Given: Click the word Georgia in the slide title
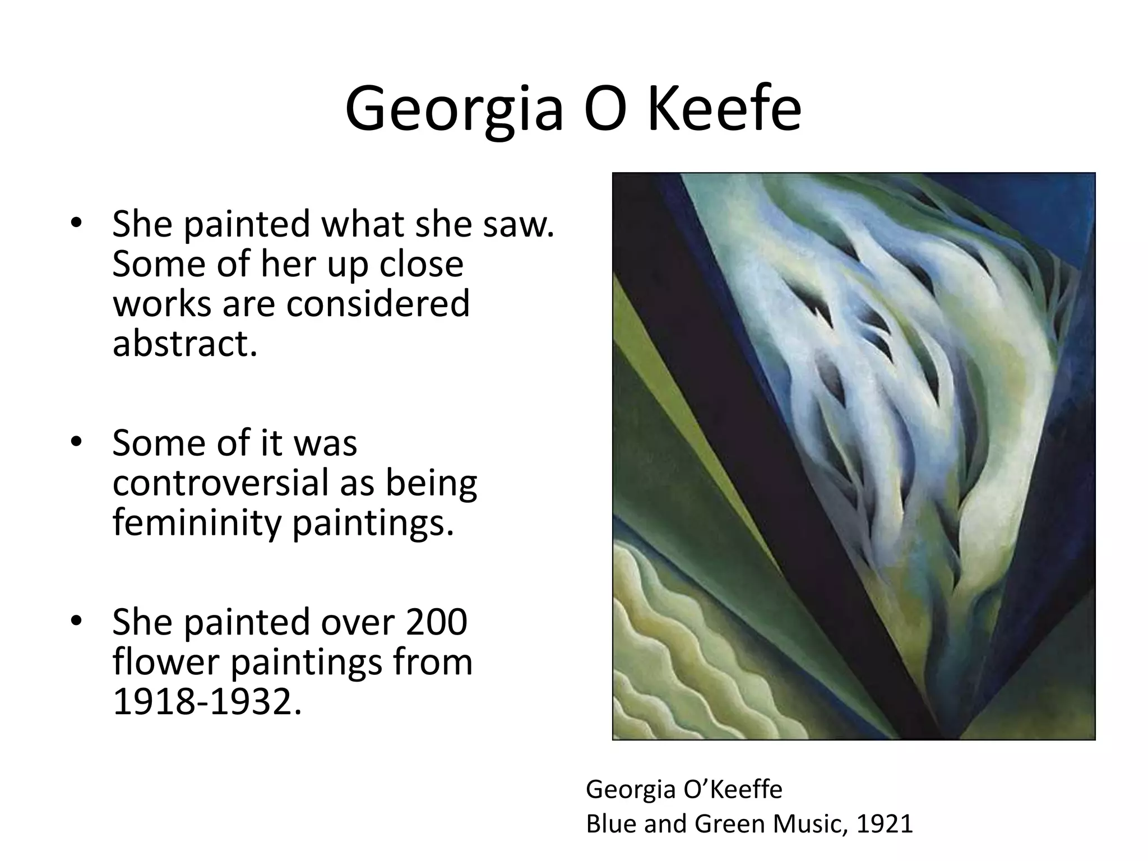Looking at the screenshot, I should click(453, 109).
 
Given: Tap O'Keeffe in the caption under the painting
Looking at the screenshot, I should click(733, 790).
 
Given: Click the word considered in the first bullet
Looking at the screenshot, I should click(378, 304).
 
